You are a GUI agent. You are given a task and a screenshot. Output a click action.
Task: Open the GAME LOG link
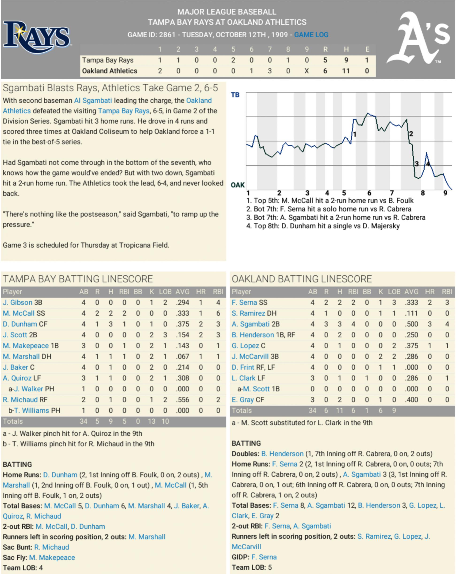coord(311,35)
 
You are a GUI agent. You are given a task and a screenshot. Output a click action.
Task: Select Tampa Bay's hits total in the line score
coord(346,60)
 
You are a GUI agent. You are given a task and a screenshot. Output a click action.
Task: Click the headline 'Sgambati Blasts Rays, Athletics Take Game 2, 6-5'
coord(110,88)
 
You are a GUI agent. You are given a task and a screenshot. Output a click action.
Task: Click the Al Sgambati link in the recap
coord(93,101)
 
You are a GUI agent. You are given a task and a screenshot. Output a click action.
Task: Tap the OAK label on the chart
coord(237,185)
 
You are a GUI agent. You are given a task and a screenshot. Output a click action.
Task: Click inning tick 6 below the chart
coord(369,193)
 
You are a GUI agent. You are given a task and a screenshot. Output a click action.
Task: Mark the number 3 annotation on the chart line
coord(417,164)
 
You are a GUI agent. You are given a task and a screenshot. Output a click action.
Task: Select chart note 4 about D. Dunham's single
coord(323,226)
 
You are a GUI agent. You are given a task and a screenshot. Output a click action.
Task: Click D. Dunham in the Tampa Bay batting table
coord(20,324)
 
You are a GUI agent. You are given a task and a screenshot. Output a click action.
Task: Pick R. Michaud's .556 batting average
coord(182,400)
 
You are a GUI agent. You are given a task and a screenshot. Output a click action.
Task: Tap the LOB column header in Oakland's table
coord(394,292)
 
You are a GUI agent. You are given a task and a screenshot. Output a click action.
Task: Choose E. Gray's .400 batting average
coord(411,400)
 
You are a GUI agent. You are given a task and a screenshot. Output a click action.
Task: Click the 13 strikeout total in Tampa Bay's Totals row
coord(151,421)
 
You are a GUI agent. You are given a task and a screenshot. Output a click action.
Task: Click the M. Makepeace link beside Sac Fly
coord(52,558)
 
